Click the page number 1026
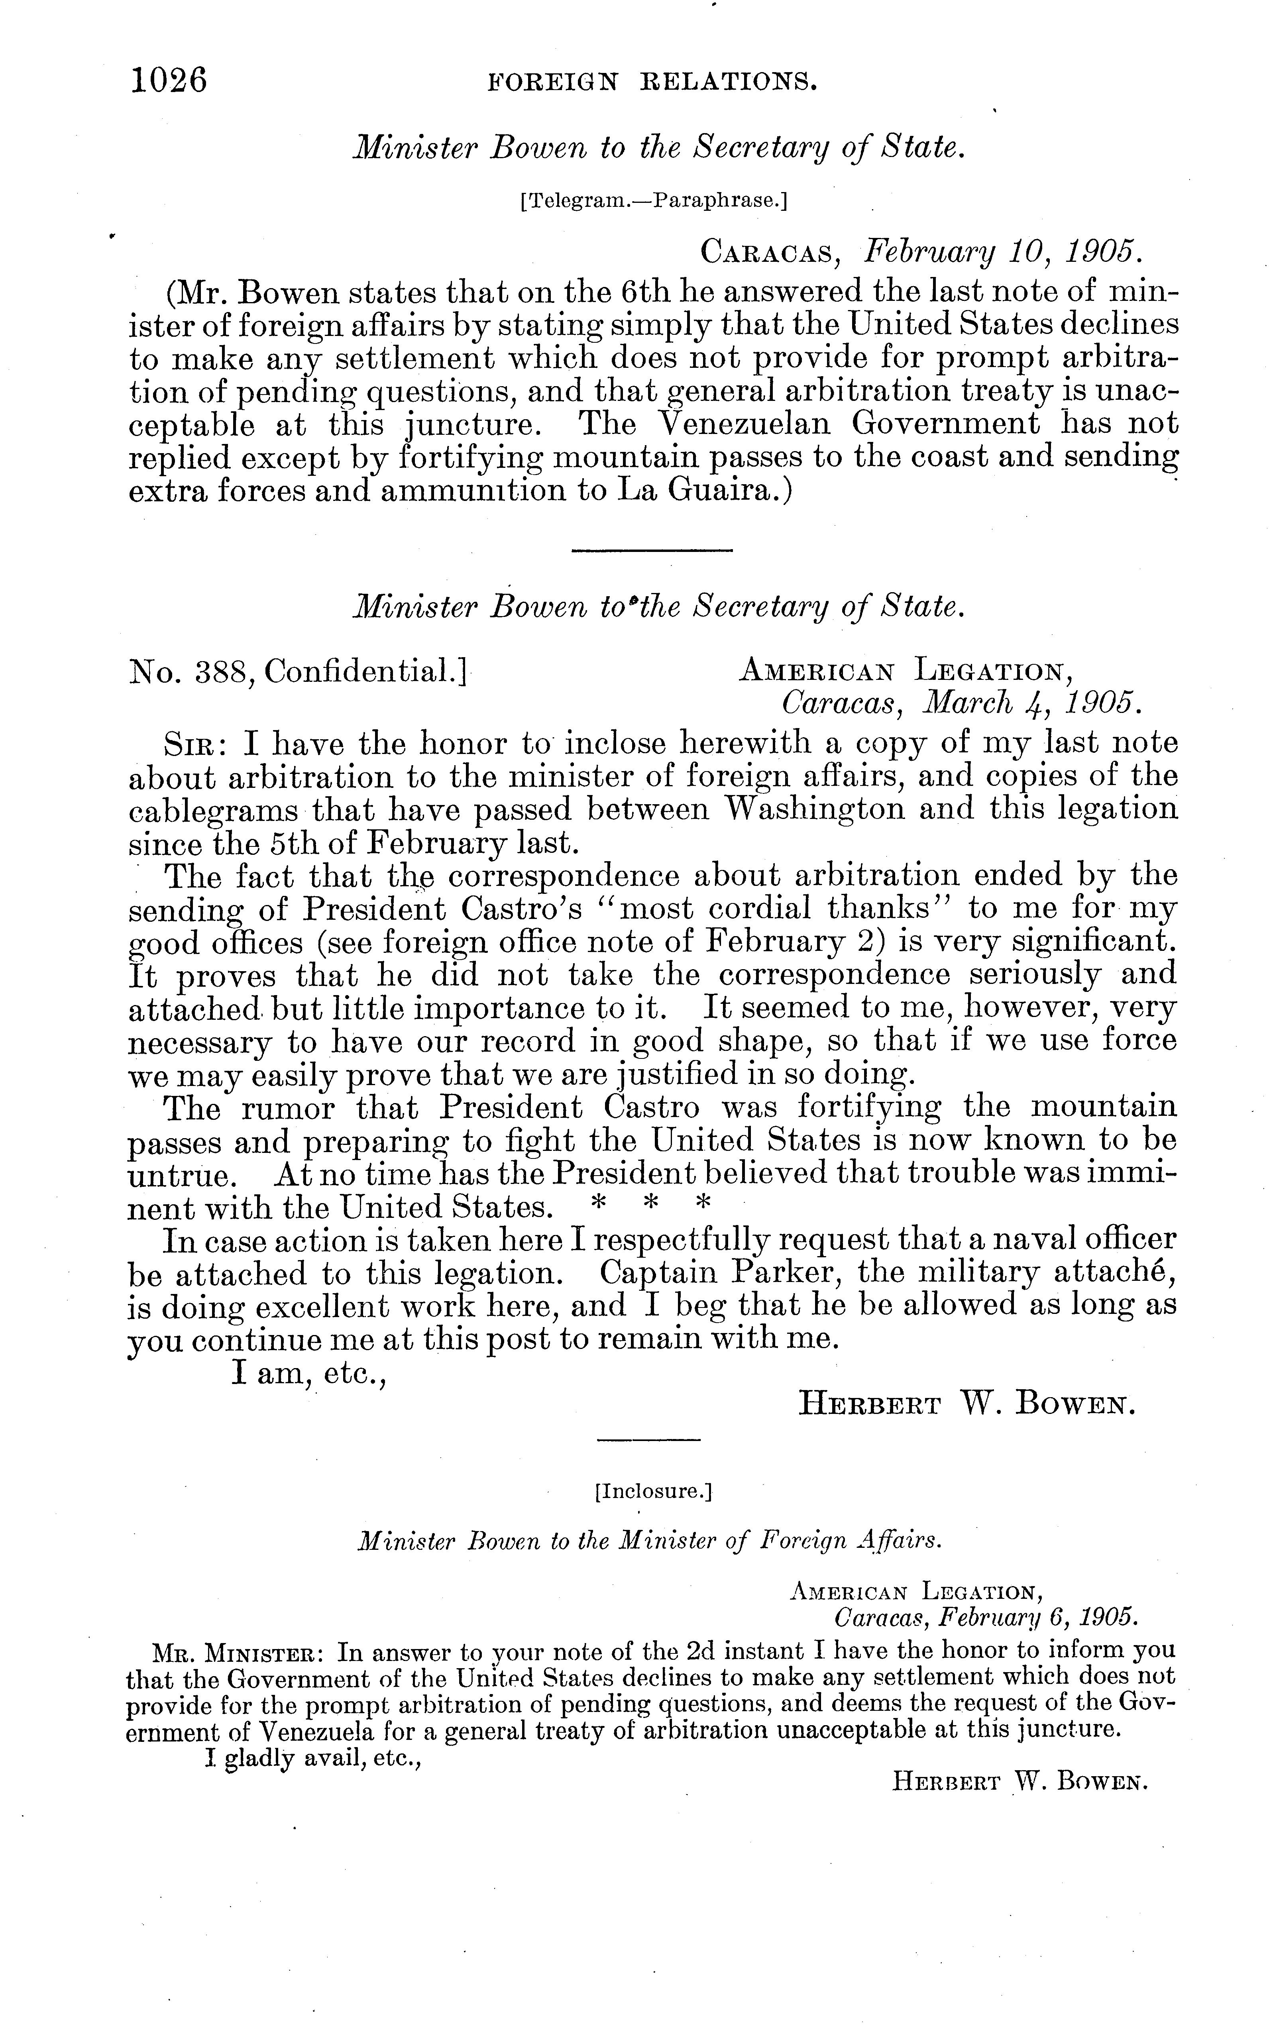coord(169,81)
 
